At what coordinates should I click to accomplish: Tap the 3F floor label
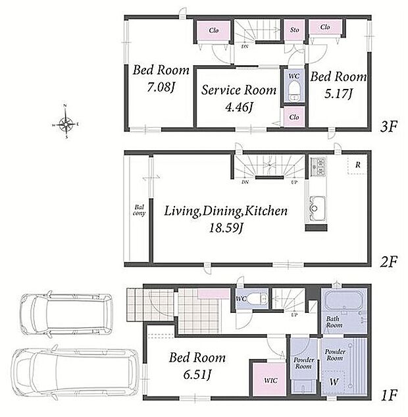coord(388,127)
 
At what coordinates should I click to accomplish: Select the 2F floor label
coord(388,262)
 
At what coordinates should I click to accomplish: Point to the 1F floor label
coord(389,395)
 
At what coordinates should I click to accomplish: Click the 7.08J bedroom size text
coord(161,87)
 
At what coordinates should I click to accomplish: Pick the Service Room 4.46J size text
coord(239,107)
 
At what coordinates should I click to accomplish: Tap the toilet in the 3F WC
coord(293,91)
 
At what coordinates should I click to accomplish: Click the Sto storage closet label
coord(294,30)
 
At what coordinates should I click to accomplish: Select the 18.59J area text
coord(226,228)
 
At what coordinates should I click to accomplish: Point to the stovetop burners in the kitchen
coord(318,167)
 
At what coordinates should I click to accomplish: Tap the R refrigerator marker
coord(358,165)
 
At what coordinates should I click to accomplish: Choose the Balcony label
coord(139,210)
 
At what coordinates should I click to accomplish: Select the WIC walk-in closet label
coord(270,380)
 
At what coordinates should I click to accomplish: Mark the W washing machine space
coord(334,382)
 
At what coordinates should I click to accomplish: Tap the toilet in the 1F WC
coord(257,298)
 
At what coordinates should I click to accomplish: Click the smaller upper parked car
coord(66,314)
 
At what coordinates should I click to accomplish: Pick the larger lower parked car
coord(75,372)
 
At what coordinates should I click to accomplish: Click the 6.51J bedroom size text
coord(197,375)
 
